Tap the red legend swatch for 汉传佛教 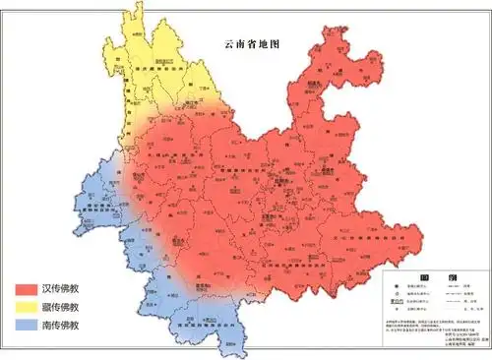click(x=26, y=289)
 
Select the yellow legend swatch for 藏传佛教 click(x=26, y=307)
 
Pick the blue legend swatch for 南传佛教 click(x=26, y=325)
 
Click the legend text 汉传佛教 click(x=60, y=289)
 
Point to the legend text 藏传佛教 click(x=60, y=307)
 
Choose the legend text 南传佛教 click(x=60, y=325)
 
